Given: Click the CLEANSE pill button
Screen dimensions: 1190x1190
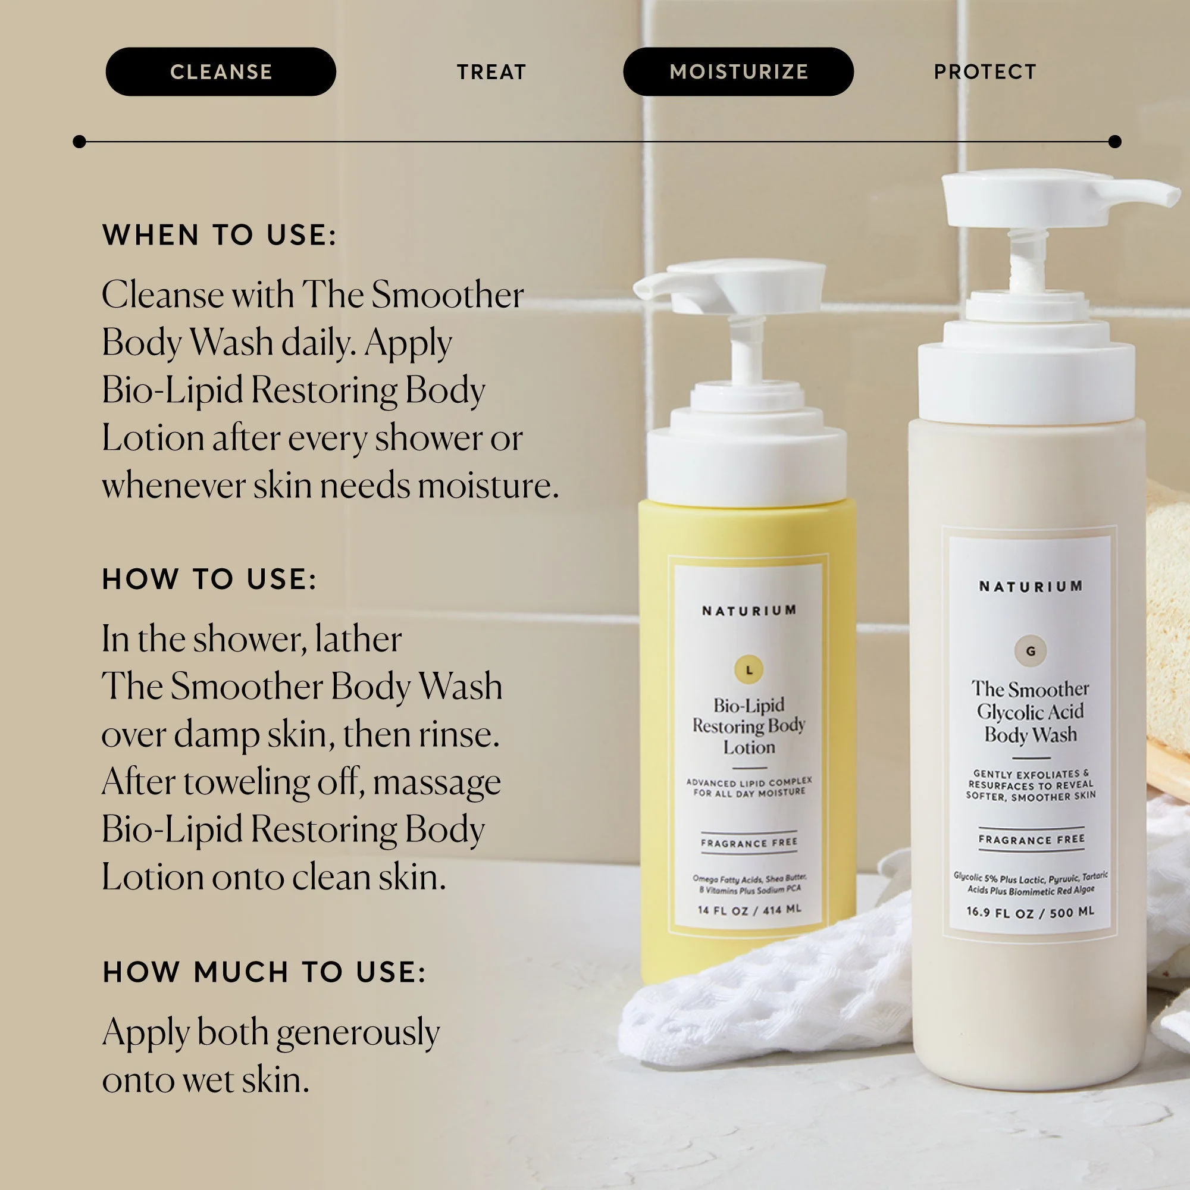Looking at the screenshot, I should point(221,71).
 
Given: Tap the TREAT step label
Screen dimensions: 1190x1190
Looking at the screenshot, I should point(491,72).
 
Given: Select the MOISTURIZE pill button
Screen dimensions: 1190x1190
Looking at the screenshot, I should point(738,71).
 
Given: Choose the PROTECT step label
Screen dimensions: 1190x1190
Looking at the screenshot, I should point(984,72).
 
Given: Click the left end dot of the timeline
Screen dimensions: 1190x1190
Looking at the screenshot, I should point(79,142).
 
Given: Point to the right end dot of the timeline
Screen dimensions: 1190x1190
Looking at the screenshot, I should point(1114,142).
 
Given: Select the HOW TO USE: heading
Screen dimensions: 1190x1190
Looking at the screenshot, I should point(209,579).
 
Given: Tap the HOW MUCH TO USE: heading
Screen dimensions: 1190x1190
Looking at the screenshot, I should point(264,972).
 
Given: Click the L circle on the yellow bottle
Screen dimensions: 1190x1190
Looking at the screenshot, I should point(749,669).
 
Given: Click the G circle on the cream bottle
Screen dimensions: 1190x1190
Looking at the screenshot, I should point(1030,650).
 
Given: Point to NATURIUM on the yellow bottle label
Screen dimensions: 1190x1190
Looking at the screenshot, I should point(749,610).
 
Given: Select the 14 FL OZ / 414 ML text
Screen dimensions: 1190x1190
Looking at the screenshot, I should point(749,910).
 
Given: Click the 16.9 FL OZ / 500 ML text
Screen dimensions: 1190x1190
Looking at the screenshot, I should point(1030,912).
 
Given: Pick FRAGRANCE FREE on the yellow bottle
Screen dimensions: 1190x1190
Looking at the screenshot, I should point(749,842).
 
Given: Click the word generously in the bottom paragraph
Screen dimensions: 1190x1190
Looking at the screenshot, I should point(357,1032).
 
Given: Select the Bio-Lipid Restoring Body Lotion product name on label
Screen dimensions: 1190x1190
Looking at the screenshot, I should point(749,725).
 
